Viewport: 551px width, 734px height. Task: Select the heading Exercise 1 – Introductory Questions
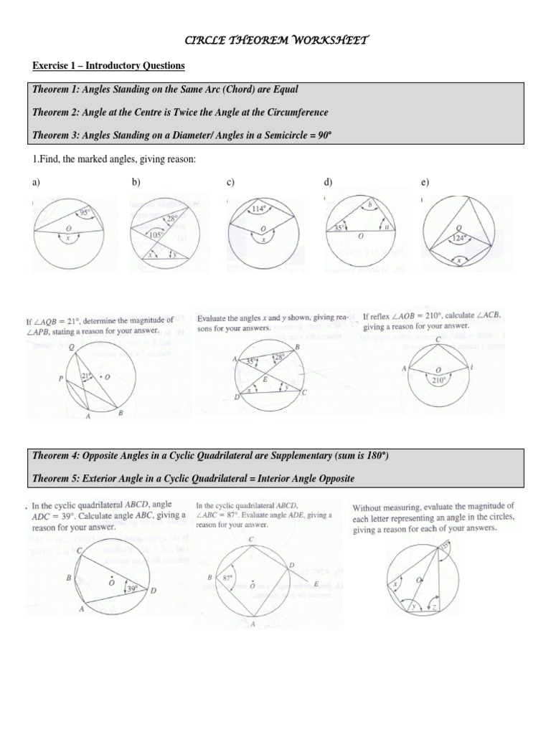108,66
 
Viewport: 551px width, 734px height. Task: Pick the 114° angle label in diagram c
258,209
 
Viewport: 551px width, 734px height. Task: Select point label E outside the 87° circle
316,585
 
